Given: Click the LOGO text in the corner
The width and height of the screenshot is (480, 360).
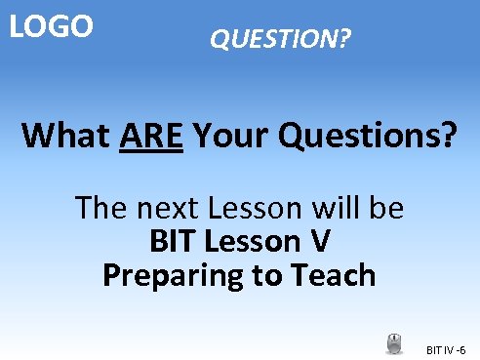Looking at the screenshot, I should point(52,25).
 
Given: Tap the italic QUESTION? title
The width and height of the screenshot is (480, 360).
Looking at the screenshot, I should point(281,40).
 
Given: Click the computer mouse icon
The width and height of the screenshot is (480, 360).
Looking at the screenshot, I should point(395,343).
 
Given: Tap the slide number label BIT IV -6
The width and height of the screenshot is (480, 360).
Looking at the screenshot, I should point(447,349).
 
